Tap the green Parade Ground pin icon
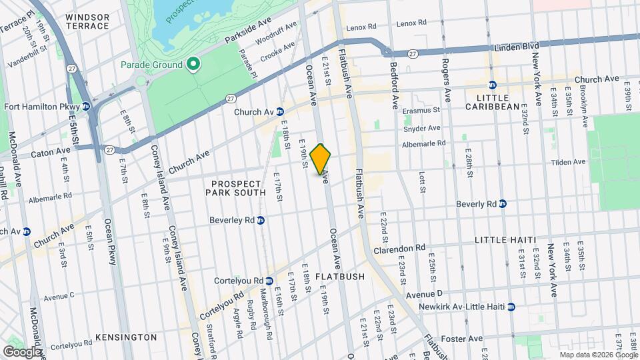193,65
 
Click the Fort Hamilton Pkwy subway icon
86,106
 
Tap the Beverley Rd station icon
261,220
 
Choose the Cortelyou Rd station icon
269,281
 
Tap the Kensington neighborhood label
125,337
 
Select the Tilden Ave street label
568,161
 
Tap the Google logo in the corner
22,351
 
